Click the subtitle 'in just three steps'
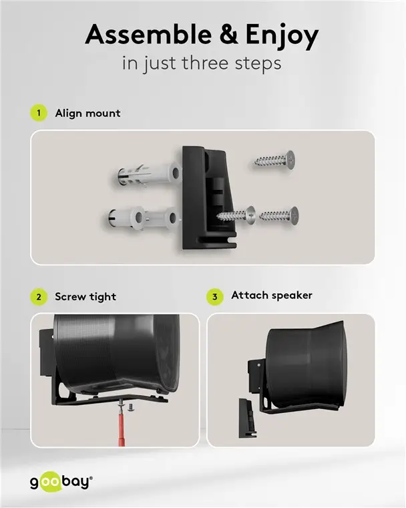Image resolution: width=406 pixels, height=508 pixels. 203,65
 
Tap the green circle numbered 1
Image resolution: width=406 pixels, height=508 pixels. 39,113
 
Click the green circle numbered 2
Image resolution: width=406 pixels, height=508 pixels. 39,297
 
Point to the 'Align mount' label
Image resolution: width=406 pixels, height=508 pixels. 87,113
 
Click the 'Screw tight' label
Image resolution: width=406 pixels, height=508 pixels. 85,297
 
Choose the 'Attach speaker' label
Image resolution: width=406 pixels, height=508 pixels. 271,295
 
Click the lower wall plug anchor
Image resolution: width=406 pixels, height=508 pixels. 144,218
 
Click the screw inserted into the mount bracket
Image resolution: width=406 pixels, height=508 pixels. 236,215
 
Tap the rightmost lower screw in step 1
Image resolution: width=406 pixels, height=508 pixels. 278,215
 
